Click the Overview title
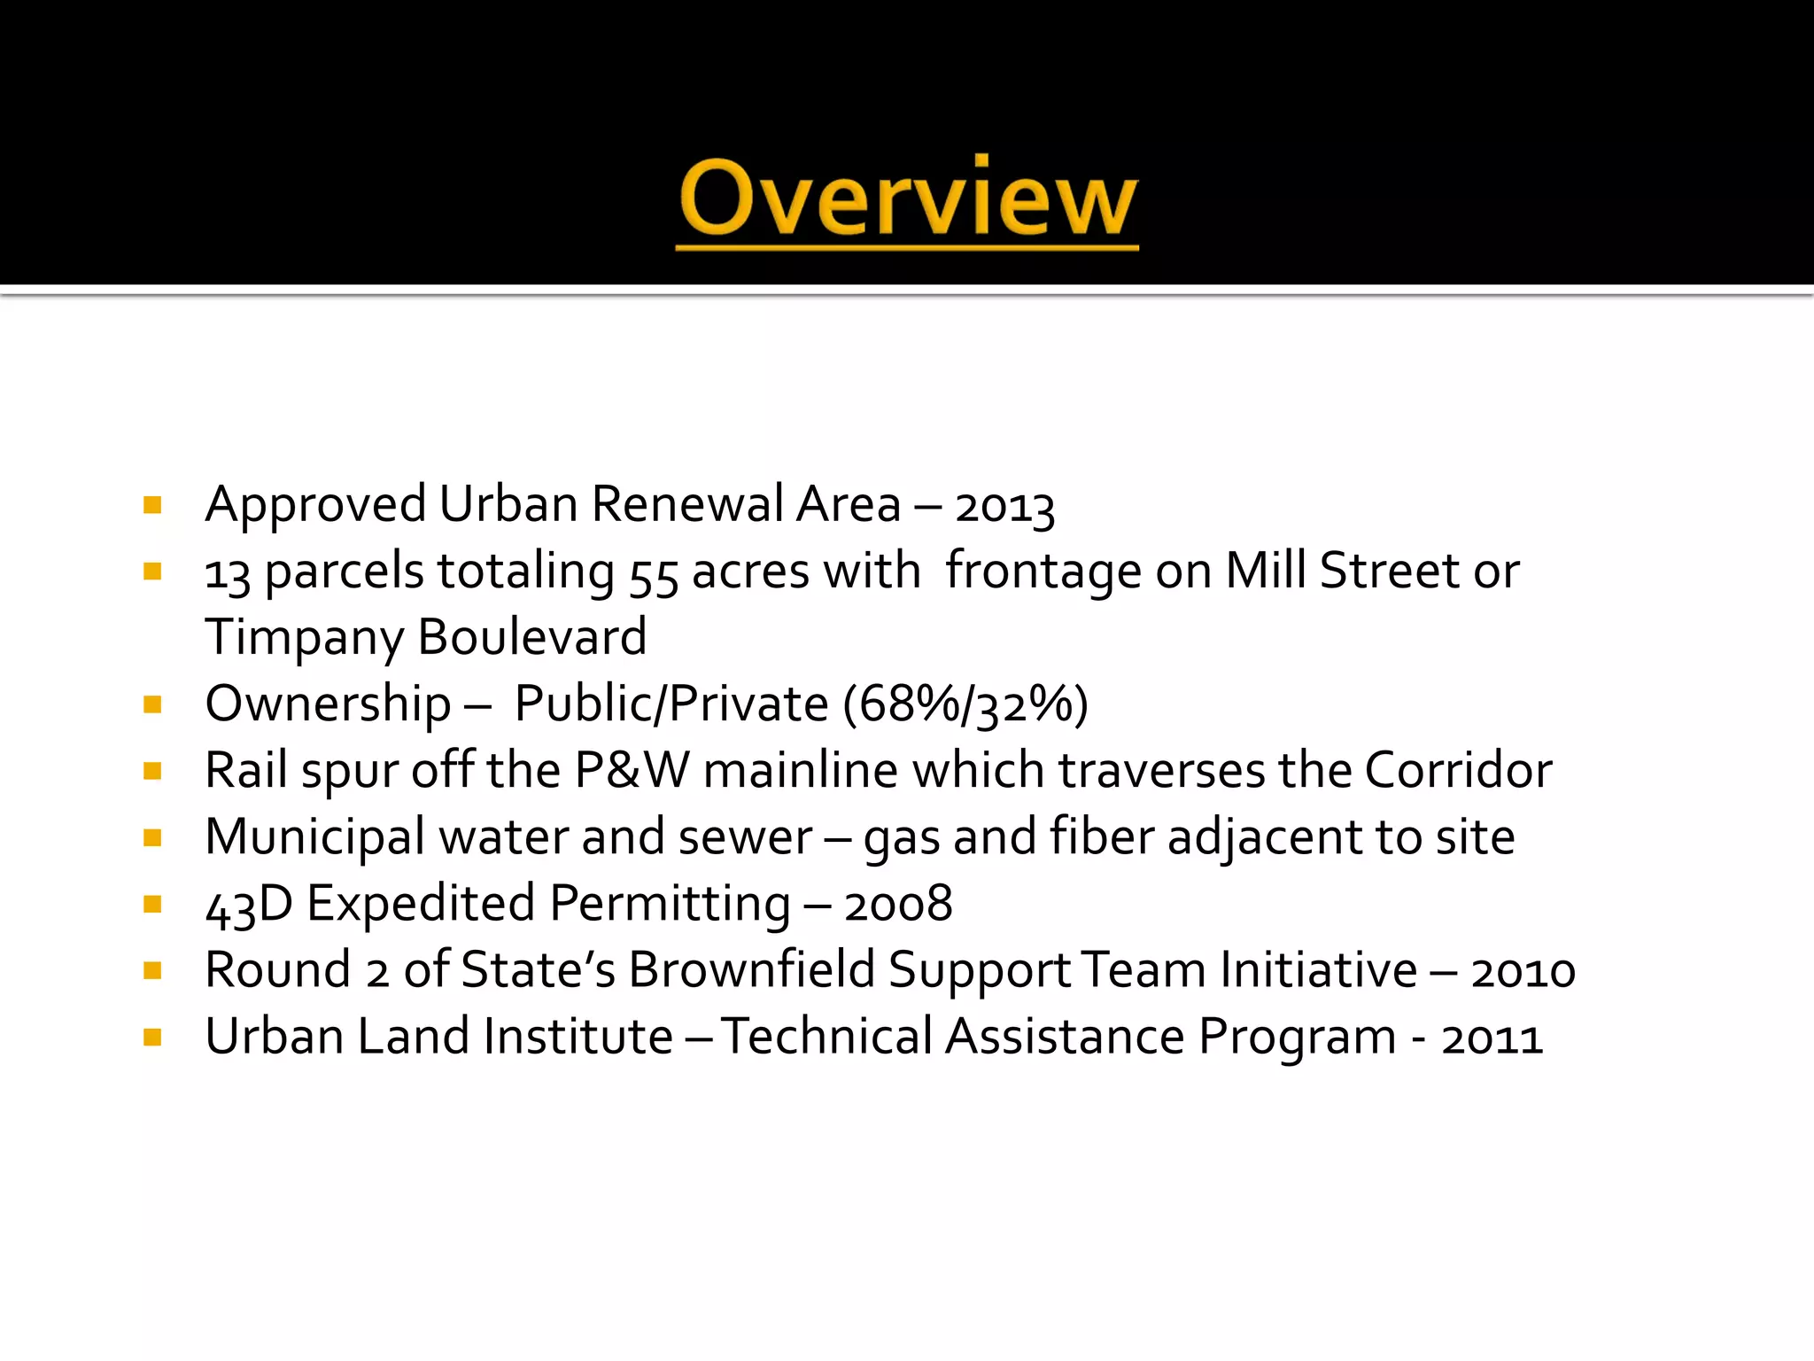point(907,199)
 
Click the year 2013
point(1004,508)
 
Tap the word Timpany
point(304,638)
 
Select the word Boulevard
point(531,637)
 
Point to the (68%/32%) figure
point(965,705)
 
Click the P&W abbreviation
point(632,770)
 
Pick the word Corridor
point(1458,770)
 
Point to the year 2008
point(898,905)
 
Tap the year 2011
point(1492,1038)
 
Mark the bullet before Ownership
point(152,705)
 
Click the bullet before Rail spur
point(152,772)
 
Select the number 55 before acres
point(654,574)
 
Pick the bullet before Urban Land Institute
point(152,1038)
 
